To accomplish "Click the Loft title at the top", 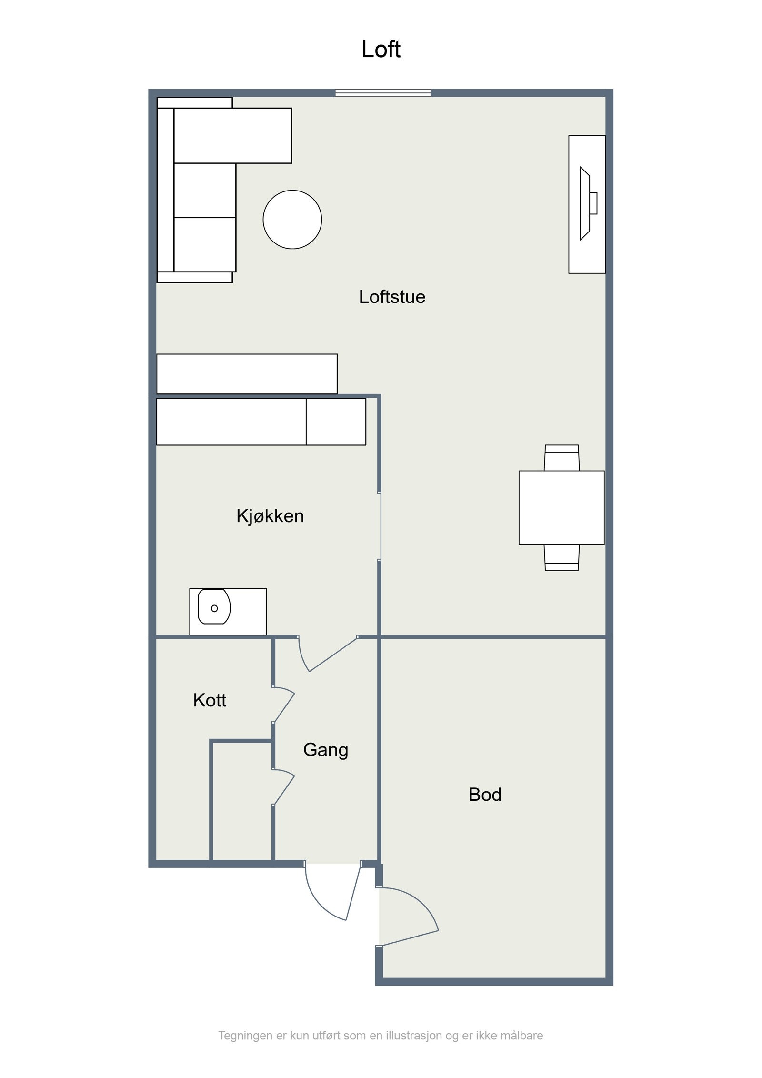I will click(381, 50).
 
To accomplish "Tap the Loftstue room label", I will click(391, 297).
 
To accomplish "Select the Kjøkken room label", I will click(270, 516).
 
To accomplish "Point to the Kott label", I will click(210, 700).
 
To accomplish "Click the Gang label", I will click(326, 750).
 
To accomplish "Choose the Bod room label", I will click(485, 795).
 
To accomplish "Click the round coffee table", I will click(292, 220).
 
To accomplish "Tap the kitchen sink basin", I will click(214, 606).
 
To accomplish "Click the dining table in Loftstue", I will click(561, 508).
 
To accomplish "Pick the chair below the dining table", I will click(561, 558).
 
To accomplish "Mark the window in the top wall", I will click(383, 93).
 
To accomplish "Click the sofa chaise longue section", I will click(232, 136).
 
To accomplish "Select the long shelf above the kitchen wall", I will click(247, 374).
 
